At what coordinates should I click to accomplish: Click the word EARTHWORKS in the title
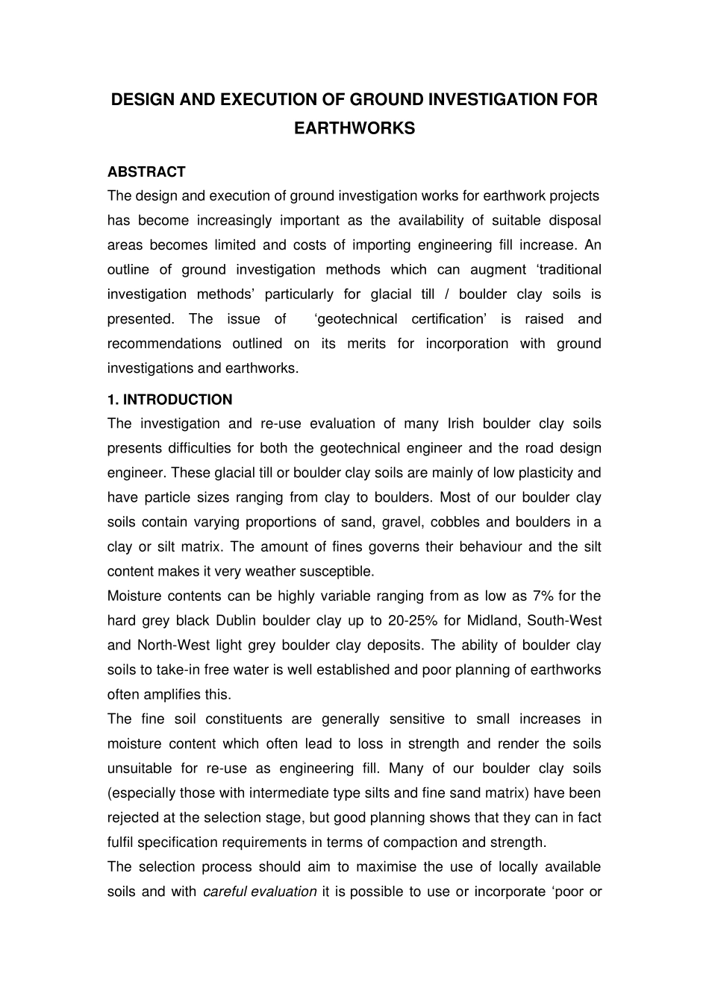click(x=354, y=128)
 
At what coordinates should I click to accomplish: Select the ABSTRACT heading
click(x=146, y=171)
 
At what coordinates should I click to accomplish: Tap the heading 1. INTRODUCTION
click(x=169, y=400)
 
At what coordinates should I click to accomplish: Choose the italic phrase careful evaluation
click(x=260, y=891)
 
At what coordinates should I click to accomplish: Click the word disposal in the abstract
click(x=575, y=220)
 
